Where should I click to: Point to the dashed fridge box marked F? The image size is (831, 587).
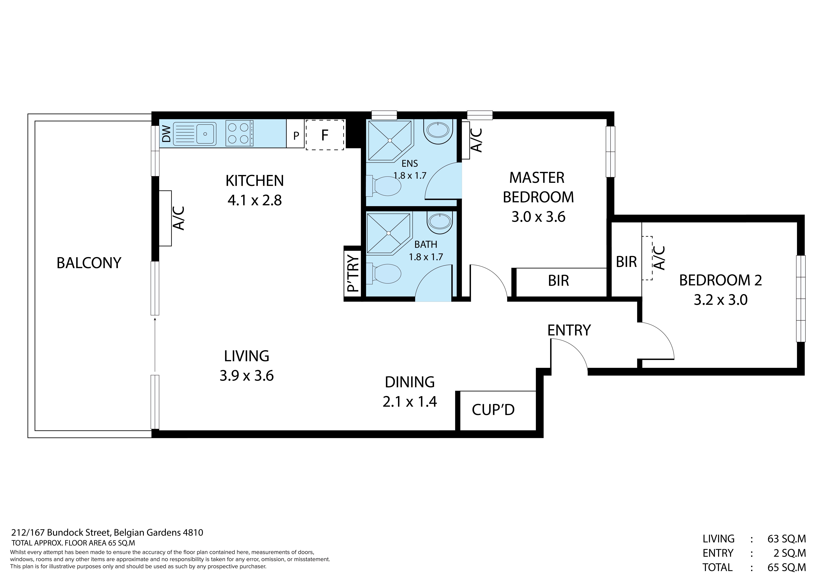coord(325,135)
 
